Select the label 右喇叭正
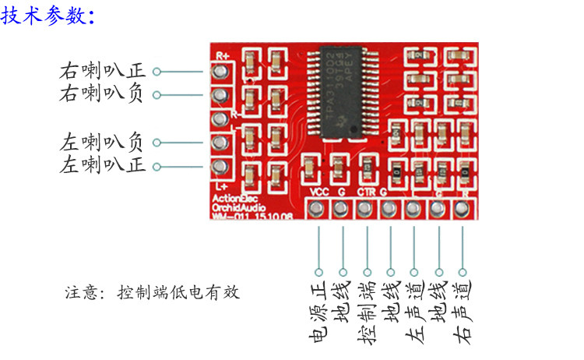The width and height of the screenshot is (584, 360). click(x=102, y=72)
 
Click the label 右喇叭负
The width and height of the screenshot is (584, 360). click(x=102, y=94)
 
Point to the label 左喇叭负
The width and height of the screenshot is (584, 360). click(x=102, y=143)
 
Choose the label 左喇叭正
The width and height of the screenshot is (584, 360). click(x=102, y=165)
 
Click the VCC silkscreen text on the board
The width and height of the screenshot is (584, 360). click(x=318, y=192)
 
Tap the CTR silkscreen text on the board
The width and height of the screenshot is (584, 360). click(x=365, y=192)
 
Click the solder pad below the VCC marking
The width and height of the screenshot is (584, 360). click(x=318, y=209)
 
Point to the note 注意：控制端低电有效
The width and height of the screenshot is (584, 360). click(x=152, y=293)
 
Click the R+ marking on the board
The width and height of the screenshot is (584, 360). click(x=223, y=55)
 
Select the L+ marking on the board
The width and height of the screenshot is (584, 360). click(x=220, y=186)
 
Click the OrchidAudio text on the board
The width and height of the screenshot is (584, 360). click(x=237, y=207)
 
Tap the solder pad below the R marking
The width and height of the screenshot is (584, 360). click(x=463, y=209)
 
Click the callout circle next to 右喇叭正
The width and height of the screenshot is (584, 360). click(x=157, y=72)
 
